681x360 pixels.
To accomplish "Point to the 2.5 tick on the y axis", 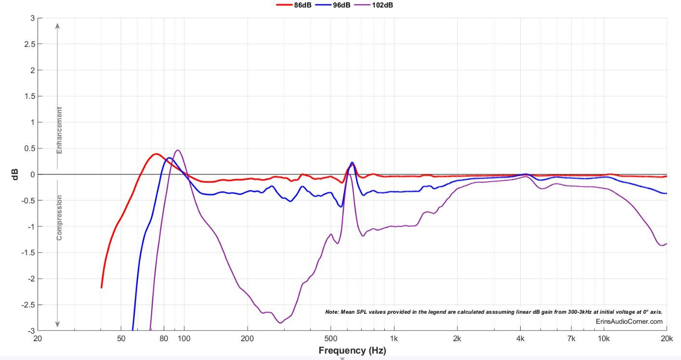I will click(30, 44).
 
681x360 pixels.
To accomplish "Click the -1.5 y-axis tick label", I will click(28, 253).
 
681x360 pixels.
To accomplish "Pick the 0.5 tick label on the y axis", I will click(30, 148).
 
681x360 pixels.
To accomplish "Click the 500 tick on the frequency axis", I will click(330, 338).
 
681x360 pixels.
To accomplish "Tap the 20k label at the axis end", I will click(667, 338).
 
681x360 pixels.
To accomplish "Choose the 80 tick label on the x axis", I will click(164, 338).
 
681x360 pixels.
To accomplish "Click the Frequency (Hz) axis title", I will click(352, 350).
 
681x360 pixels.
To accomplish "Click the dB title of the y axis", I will click(16, 174).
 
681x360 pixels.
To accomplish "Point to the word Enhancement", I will click(60, 131).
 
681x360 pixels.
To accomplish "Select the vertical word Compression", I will click(60, 217).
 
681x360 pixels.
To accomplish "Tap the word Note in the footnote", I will click(332, 312).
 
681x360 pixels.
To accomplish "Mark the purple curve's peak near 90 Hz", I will click(178, 150).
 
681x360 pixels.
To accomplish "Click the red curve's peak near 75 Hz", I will click(156, 154).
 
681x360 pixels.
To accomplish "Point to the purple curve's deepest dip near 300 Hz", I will click(280, 322).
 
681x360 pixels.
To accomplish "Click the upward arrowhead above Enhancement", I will click(57, 26).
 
